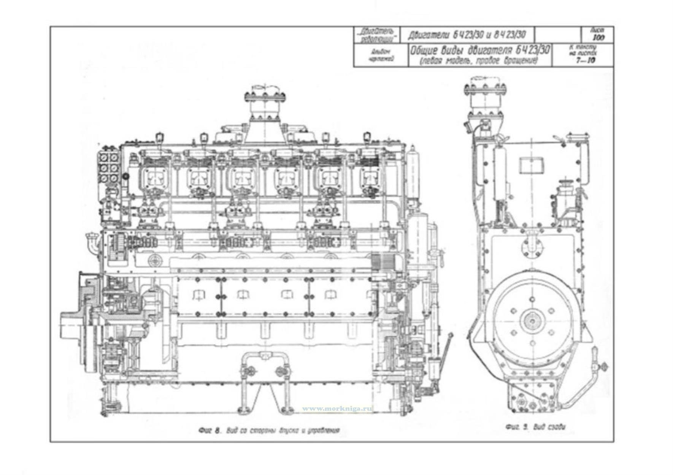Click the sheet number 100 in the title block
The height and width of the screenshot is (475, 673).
click(598, 38)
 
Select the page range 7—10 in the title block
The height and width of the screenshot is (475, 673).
click(585, 60)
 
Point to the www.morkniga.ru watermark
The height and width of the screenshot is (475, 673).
click(337, 409)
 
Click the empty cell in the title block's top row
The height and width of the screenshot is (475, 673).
click(557, 35)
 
